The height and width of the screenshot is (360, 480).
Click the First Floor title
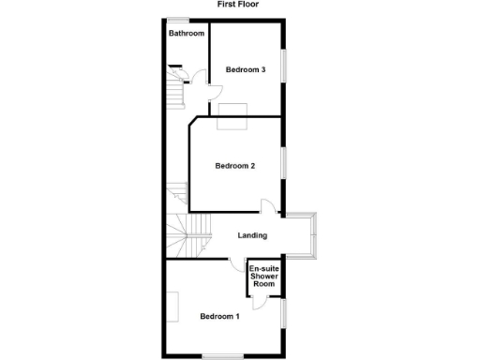[x=238, y=5]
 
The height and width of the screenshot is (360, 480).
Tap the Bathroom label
[x=187, y=34]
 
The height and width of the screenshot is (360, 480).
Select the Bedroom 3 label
[x=246, y=69]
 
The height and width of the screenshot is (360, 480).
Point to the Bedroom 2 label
[x=235, y=167]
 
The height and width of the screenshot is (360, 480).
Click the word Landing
[x=253, y=235]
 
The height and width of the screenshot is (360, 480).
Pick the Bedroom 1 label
[x=220, y=316]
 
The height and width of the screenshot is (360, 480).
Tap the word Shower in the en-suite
[x=263, y=277]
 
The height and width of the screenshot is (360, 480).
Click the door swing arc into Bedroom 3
[x=214, y=91]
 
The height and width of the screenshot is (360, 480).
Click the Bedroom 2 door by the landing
[x=267, y=208]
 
